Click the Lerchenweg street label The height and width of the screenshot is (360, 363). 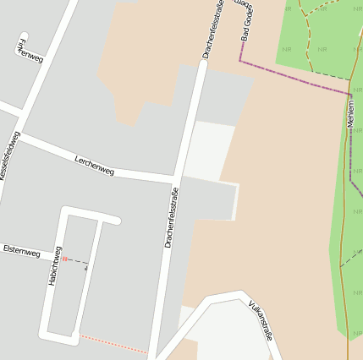(94, 165)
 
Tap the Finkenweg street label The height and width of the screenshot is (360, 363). (30, 50)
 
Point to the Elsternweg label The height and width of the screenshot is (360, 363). (21, 251)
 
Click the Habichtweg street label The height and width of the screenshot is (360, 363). (55, 266)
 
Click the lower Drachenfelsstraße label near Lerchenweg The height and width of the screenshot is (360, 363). (173, 217)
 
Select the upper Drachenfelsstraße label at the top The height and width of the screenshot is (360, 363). (212, 30)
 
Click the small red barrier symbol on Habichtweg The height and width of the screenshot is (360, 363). (63, 259)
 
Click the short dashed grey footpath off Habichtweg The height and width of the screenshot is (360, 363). (76, 261)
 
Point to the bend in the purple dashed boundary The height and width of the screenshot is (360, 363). (241, 61)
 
